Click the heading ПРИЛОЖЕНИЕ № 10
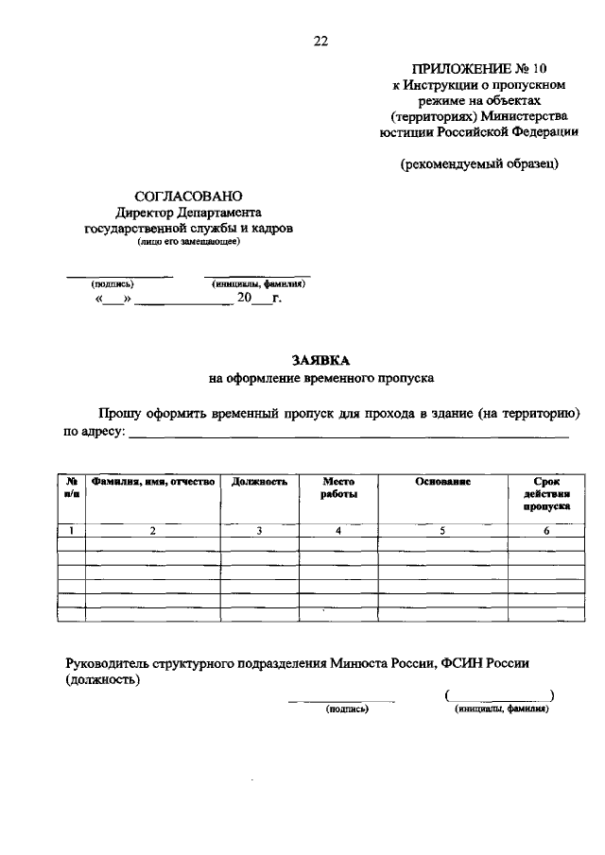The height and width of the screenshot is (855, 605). (x=478, y=68)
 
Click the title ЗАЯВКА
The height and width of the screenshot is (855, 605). (x=320, y=360)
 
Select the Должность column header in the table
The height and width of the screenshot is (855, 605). (x=259, y=482)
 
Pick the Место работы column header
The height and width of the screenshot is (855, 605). (x=338, y=487)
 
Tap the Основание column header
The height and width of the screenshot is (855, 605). (x=442, y=482)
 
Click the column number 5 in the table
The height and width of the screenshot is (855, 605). (x=442, y=531)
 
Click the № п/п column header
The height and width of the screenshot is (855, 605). (x=72, y=487)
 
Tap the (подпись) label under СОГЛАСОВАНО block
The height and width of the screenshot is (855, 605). (x=112, y=283)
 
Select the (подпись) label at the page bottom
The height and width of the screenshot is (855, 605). (x=345, y=709)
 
